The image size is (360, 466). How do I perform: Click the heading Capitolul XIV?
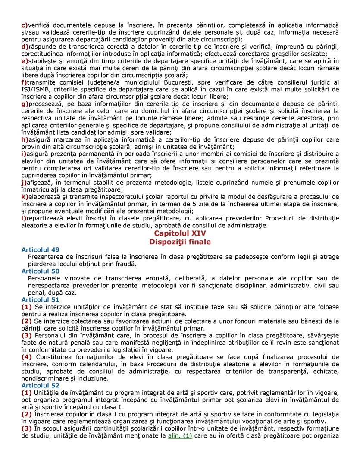coord(180,233)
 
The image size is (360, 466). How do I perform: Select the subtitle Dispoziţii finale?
coord(180,242)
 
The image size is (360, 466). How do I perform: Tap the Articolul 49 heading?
coord(41,250)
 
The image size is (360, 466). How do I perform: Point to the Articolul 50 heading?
coord(41,271)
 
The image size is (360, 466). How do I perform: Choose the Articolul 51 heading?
coord(41,299)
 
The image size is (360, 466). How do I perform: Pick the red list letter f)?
coord(24,82)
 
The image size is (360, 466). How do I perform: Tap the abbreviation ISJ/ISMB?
coord(36,89)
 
